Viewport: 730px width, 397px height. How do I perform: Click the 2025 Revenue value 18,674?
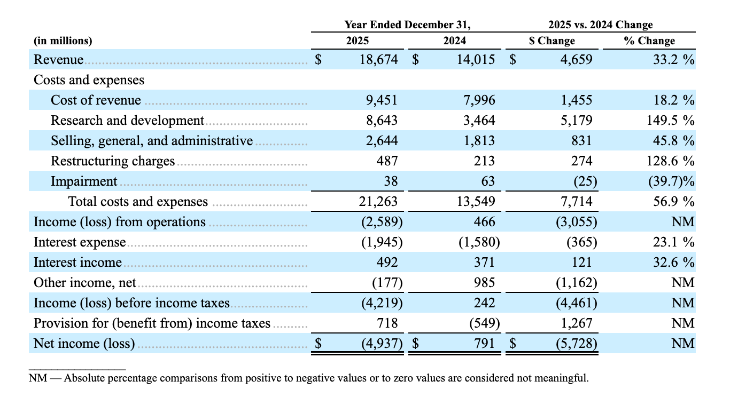pos(378,60)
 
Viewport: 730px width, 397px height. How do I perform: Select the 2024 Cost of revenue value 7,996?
pos(479,100)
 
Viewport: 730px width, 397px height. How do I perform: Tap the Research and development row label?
pos(127,121)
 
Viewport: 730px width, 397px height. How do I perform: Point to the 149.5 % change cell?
pos(670,121)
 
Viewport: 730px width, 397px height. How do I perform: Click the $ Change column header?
pos(552,41)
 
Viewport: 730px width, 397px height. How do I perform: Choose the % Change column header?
pos(649,41)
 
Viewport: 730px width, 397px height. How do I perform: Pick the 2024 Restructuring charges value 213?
pos(484,161)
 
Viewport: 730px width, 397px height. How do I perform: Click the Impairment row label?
pos(84,181)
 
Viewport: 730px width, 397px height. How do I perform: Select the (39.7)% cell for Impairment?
pos(671,181)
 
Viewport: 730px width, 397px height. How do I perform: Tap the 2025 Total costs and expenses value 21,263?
pos(378,201)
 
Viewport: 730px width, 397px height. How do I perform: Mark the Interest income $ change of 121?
pos(582,263)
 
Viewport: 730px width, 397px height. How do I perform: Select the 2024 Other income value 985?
pos(484,282)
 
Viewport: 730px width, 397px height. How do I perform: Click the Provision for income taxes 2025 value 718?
pos(387,323)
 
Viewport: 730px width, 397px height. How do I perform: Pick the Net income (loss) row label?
pos(84,344)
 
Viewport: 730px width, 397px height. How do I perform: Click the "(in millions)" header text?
pos(63,41)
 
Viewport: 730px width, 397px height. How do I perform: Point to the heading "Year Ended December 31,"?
pos(408,25)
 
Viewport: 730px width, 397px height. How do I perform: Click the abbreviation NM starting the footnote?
pos(38,378)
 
